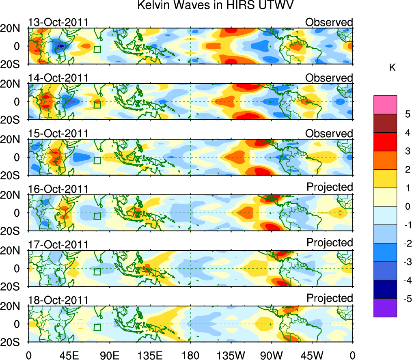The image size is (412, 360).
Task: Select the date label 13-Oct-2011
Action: [x=58, y=22]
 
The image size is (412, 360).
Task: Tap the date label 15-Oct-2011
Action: [x=58, y=133]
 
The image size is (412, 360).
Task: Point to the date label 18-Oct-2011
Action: [x=58, y=300]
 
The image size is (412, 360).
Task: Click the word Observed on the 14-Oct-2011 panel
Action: [x=329, y=78]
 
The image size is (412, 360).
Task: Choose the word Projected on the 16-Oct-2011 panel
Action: [x=330, y=187]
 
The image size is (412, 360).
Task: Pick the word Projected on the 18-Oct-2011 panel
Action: [x=330, y=298]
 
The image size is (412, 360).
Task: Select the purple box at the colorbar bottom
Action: [x=385, y=308]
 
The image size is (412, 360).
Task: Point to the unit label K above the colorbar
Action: [x=392, y=68]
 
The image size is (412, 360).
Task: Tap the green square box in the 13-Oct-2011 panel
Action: [x=97, y=50]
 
